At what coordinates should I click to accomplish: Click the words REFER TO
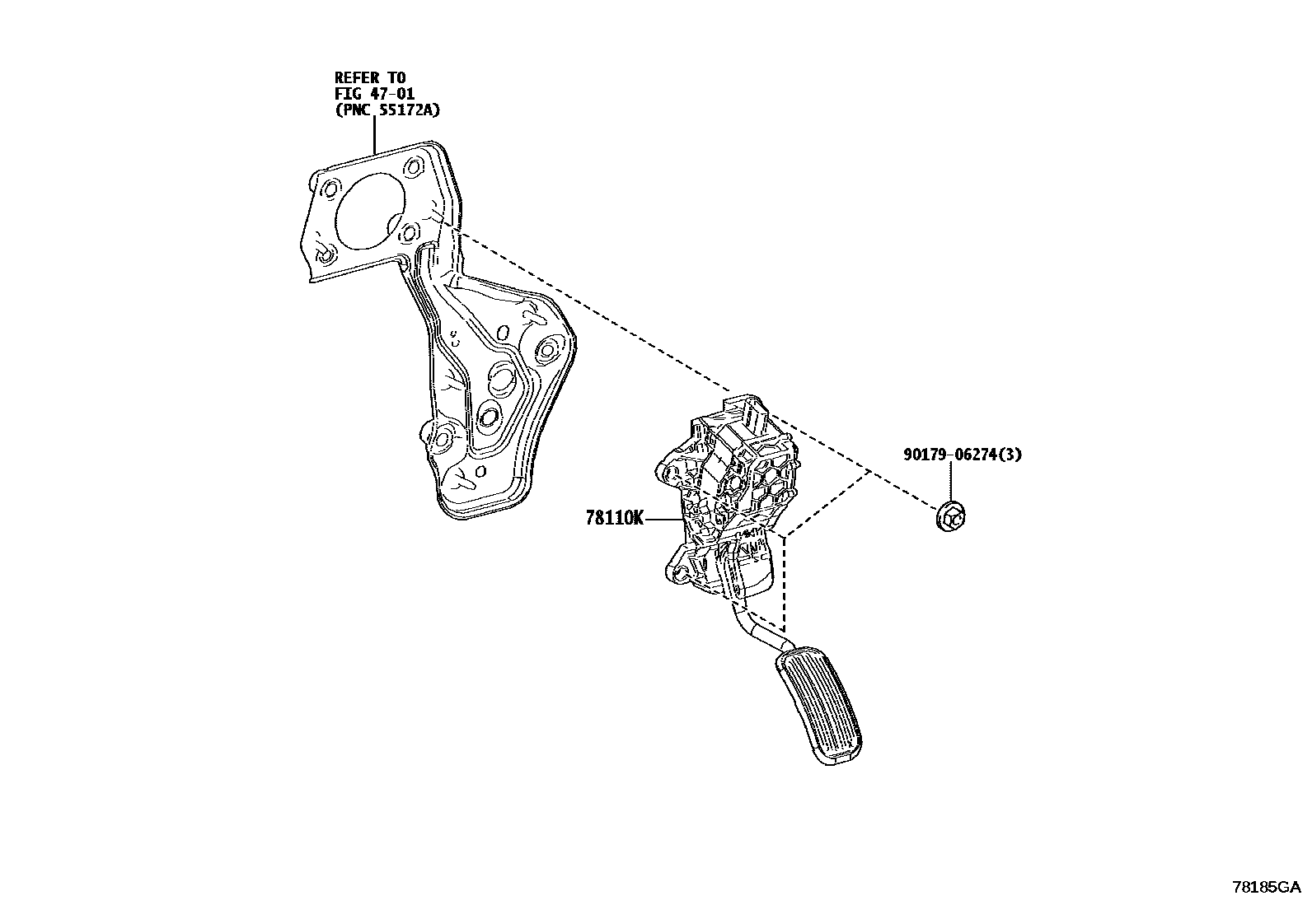point(370,77)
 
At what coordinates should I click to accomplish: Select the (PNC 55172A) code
point(387,110)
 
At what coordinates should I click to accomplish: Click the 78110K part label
point(614,518)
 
